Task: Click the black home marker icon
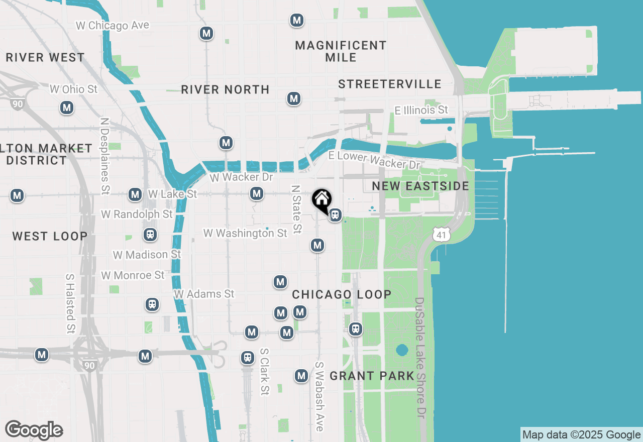(321, 199)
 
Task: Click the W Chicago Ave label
(113, 25)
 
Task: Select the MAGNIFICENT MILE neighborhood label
(341, 51)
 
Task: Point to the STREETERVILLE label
(390, 84)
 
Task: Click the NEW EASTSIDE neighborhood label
(420, 186)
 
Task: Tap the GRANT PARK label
(372, 376)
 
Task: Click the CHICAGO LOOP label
(342, 294)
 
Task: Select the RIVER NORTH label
(225, 90)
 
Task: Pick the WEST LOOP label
(50, 236)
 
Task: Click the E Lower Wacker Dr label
(374, 160)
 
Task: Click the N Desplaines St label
(105, 156)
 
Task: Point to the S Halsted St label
(70, 303)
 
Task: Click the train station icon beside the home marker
(335, 215)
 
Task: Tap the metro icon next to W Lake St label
(135, 194)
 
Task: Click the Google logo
(34, 430)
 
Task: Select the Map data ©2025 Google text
(581, 435)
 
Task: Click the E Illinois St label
(421, 109)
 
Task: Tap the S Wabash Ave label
(319, 396)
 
